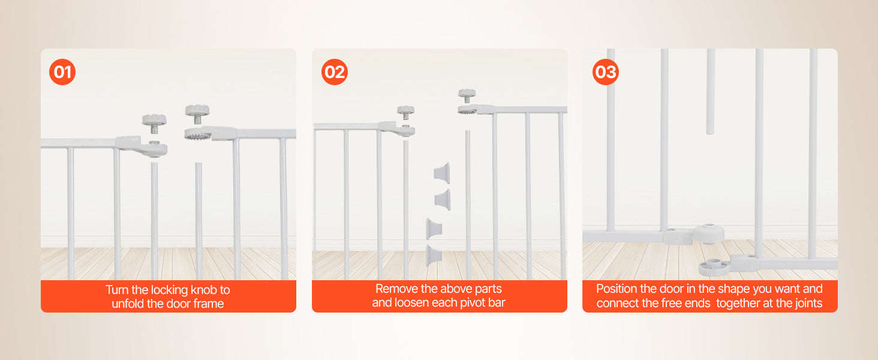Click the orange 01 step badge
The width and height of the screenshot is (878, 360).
coord(62,73)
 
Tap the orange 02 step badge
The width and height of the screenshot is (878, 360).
coord(335,73)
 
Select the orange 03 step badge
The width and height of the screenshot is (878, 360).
coord(606,73)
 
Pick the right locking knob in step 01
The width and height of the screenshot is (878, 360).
coord(197,111)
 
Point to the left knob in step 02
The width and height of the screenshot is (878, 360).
coord(406,110)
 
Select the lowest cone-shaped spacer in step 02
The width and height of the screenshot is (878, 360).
coord(433,254)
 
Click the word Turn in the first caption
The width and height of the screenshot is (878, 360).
coord(119,290)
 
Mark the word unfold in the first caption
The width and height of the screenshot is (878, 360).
coord(128,304)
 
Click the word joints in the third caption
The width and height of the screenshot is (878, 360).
coord(805,304)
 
